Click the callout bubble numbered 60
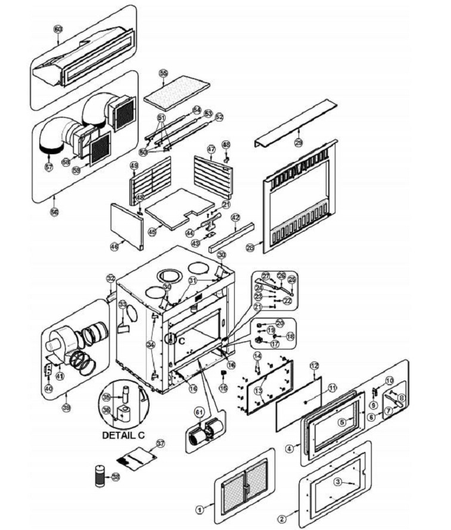pyautogui.click(x=58, y=29)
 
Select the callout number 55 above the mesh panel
pyautogui.click(x=164, y=73)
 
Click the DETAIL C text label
pyautogui.click(x=124, y=435)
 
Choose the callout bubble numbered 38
pyautogui.click(x=116, y=477)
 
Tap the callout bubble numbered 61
pyautogui.click(x=199, y=412)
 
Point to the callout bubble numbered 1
pyautogui.click(x=200, y=509)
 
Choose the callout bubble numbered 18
pyautogui.click(x=290, y=336)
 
